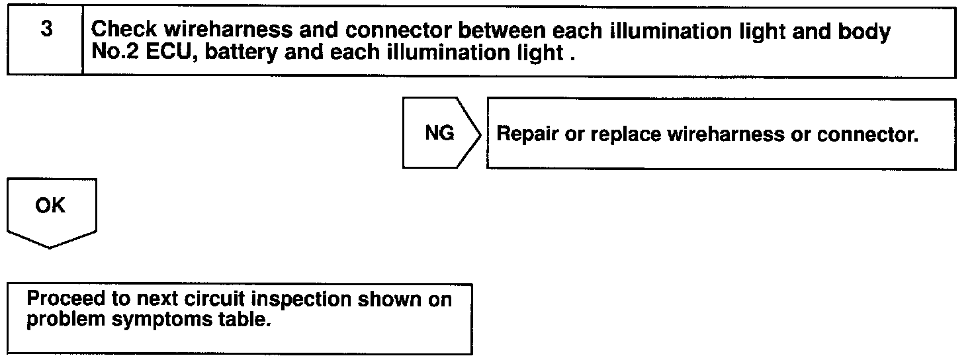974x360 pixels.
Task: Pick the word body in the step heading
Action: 865,30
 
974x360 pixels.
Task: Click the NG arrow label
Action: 439,134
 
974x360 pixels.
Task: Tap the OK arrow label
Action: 51,206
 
